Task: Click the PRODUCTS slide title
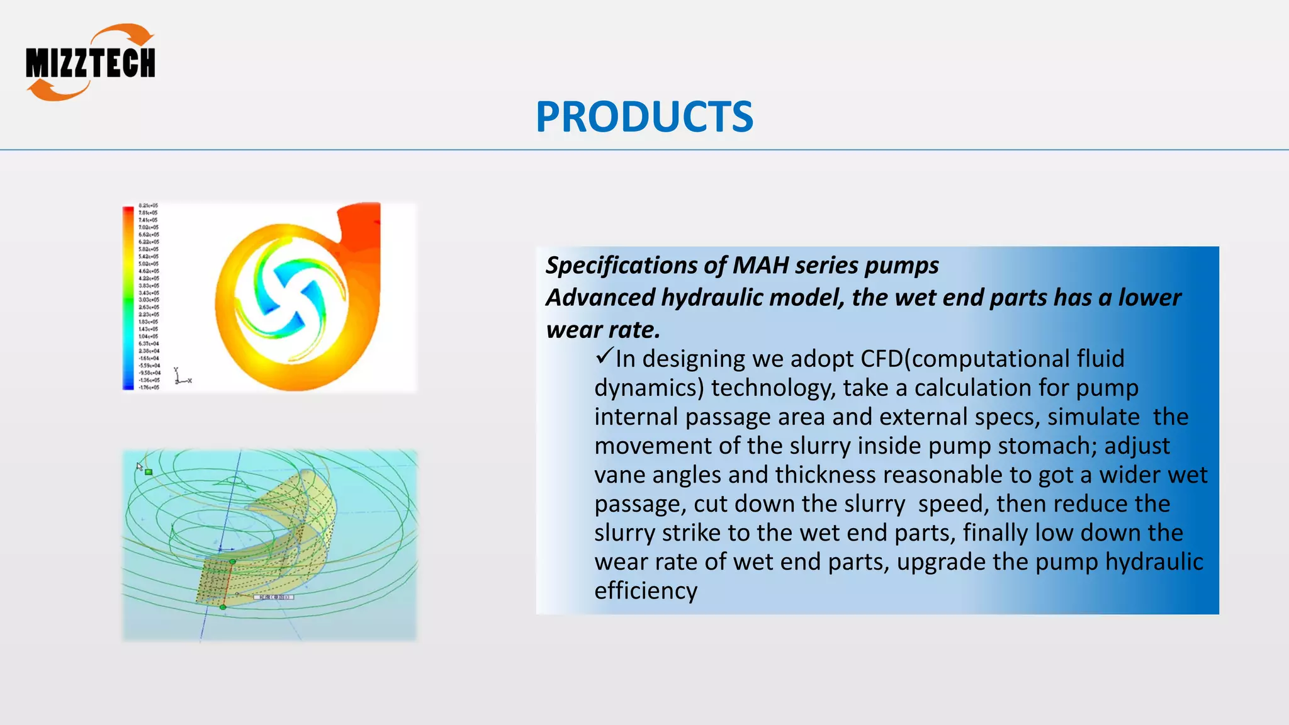click(x=644, y=117)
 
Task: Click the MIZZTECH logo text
click(x=91, y=64)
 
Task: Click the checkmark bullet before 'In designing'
click(x=603, y=357)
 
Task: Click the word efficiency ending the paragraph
click(x=646, y=591)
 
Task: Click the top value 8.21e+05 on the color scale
click(x=149, y=206)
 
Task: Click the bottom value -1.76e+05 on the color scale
click(x=149, y=387)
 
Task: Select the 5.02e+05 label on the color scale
click(x=149, y=264)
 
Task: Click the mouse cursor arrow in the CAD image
click(x=139, y=466)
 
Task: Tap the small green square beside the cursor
click(x=149, y=471)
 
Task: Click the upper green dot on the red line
click(x=232, y=561)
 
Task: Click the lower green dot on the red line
click(x=223, y=607)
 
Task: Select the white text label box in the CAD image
click(x=273, y=597)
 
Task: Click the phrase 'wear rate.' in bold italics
click(x=603, y=330)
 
